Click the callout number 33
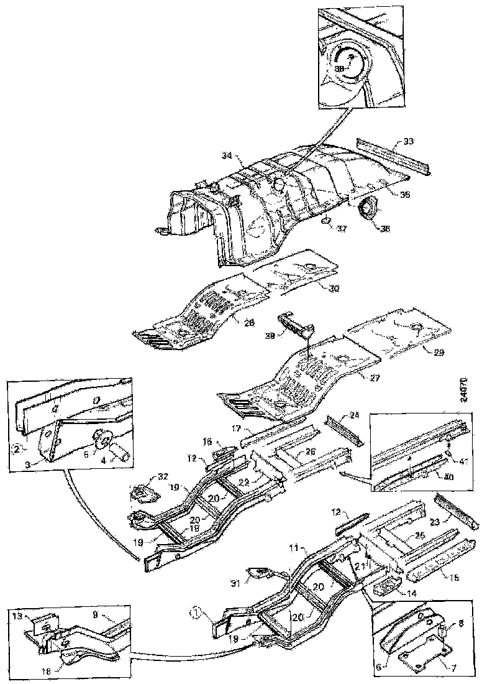tap(407, 142)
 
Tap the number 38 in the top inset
tap(340, 69)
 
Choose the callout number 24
tap(355, 415)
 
